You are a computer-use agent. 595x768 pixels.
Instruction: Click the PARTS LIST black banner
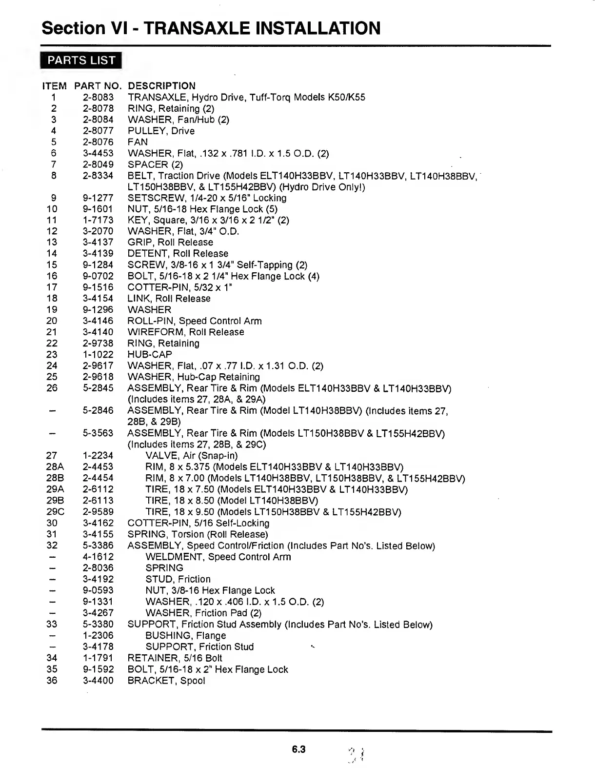click(x=81, y=61)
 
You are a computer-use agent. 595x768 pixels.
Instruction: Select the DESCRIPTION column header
click(x=161, y=86)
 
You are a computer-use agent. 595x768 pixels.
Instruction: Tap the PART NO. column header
click(x=98, y=86)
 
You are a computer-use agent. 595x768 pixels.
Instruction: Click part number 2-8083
click(x=98, y=97)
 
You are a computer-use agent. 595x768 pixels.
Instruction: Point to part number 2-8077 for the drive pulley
click(x=98, y=131)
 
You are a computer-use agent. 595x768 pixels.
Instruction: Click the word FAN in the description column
click(x=138, y=142)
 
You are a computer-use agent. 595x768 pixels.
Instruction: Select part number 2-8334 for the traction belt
click(x=98, y=176)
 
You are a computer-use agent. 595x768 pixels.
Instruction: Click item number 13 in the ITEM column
click(x=52, y=243)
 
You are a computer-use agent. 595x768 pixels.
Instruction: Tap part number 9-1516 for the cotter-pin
click(x=98, y=287)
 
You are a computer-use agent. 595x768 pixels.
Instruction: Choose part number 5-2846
click(x=98, y=411)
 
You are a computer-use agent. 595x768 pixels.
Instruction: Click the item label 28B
click(x=52, y=478)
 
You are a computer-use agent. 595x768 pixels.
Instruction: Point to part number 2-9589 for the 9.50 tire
click(x=98, y=512)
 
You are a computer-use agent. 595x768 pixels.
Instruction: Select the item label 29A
click(x=52, y=489)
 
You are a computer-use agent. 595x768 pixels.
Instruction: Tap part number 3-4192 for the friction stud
click(x=98, y=579)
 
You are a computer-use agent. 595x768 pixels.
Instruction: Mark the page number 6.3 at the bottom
click(x=298, y=749)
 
